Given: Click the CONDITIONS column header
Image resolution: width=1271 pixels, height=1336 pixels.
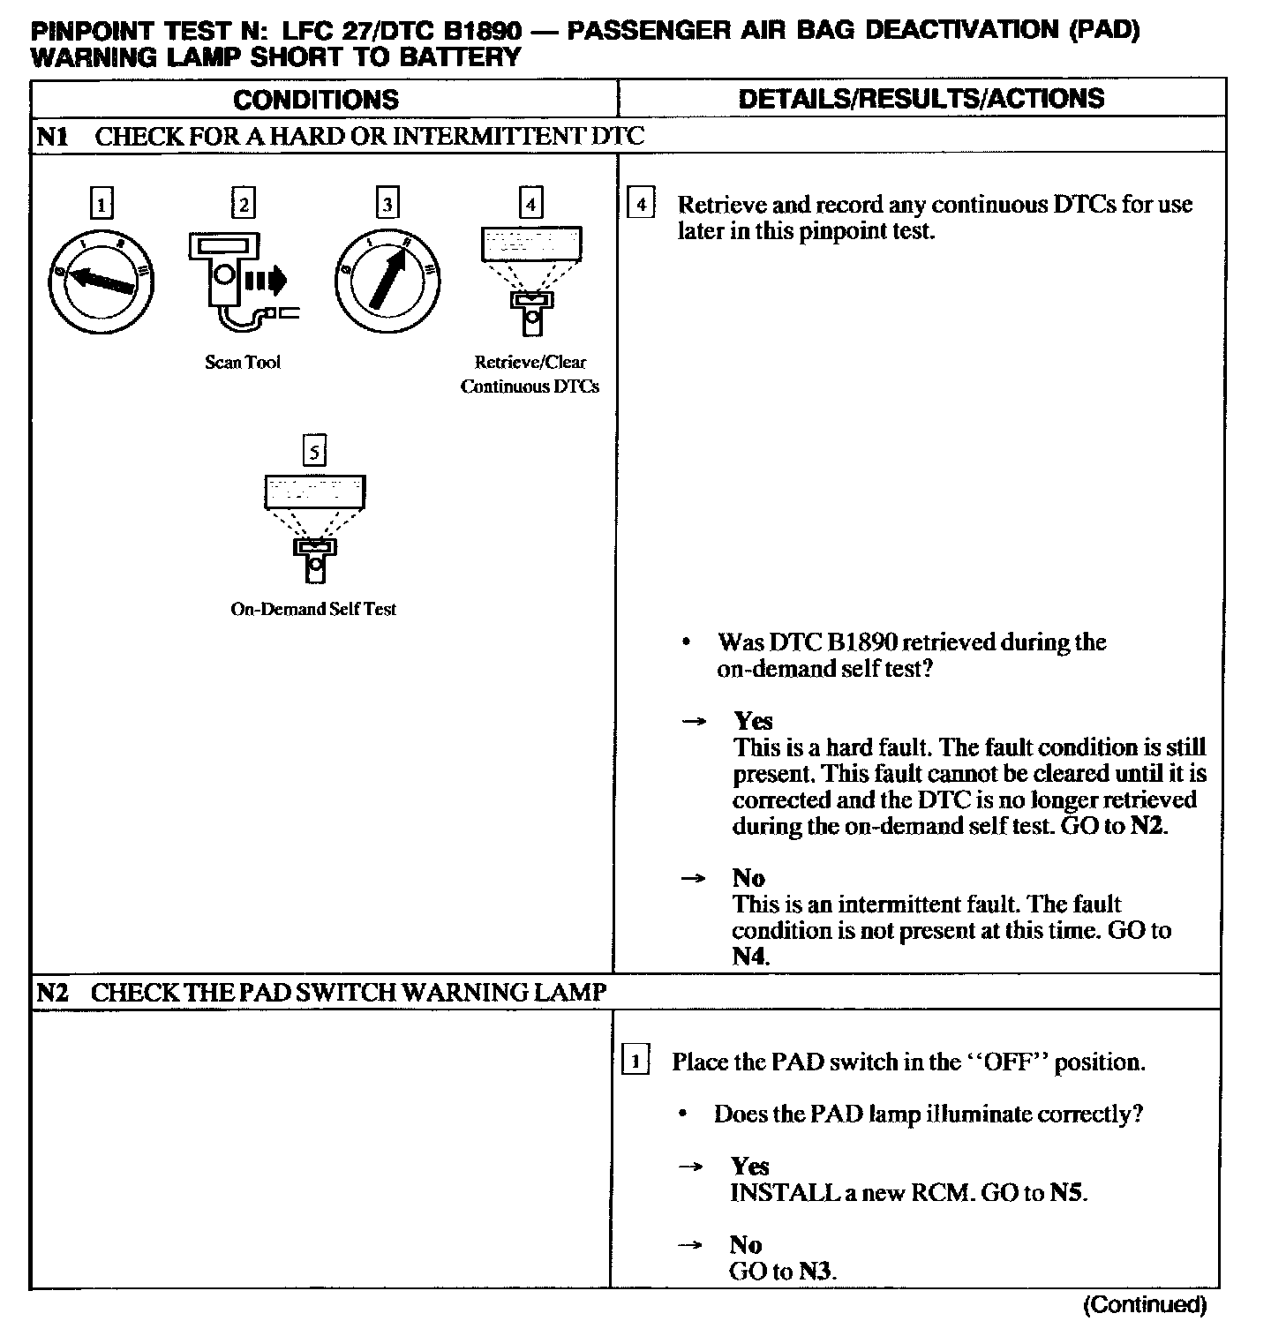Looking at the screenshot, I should click(x=316, y=99).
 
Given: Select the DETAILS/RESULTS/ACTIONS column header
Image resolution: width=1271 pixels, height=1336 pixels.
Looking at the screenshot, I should click(x=921, y=98).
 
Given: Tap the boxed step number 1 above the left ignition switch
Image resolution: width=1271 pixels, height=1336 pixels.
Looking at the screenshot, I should click(x=102, y=205).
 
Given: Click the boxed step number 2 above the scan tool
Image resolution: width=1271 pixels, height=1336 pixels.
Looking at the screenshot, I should click(x=242, y=204).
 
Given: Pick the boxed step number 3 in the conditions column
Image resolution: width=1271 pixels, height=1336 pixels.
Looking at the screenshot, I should click(x=387, y=204).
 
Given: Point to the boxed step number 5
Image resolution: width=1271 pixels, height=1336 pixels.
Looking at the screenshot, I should click(x=314, y=451).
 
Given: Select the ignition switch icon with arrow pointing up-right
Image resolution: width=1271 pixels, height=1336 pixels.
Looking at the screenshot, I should click(x=387, y=281).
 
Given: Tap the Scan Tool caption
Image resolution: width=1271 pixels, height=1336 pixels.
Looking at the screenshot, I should click(x=243, y=362).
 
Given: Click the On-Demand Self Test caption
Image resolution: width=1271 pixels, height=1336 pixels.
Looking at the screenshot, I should click(x=313, y=609).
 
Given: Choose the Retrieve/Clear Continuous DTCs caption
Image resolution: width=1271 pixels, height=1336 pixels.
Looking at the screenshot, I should click(x=530, y=374).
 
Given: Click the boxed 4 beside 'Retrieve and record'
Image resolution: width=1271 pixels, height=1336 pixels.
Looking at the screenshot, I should click(x=640, y=205).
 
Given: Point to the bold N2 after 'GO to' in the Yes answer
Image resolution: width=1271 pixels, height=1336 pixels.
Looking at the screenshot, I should click(x=1148, y=827).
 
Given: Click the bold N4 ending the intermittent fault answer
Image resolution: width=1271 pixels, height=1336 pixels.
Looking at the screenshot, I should click(x=750, y=957).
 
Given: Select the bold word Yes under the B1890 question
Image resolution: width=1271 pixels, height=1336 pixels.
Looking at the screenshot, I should click(x=753, y=721).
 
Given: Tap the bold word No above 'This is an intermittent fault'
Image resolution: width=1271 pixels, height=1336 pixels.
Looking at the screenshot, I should click(x=748, y=878).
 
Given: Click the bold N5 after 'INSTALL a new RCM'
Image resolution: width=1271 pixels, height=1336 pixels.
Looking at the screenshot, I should click(x=1068, y=1193).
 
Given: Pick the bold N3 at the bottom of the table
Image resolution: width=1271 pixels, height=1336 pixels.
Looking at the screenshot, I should click(x=817, y=1272).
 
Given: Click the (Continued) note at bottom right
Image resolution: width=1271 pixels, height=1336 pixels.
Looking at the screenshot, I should click(x=1144, y=1304).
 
